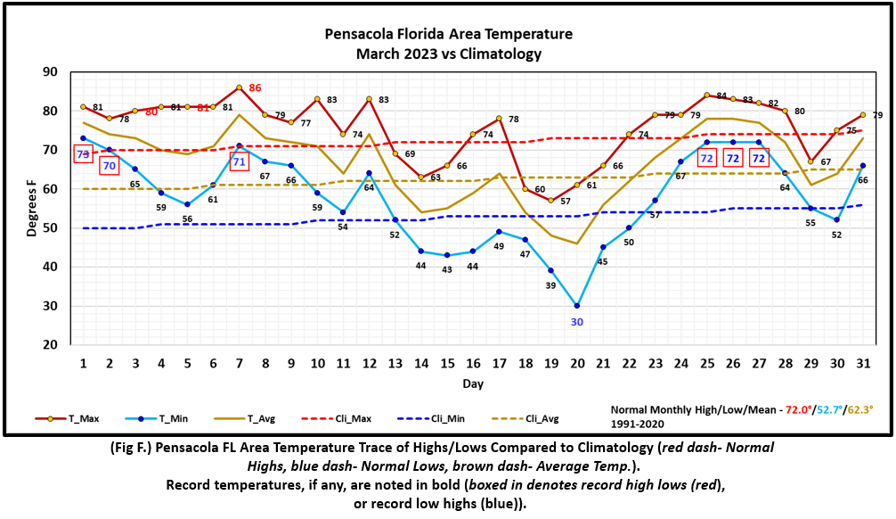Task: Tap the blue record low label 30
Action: click(576, 322)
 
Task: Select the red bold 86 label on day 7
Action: click(255, 87)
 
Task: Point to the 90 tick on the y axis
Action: click(63, 72)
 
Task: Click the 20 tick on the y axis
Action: click(63, 345)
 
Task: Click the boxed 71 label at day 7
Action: click(239, 162)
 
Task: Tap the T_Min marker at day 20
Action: click(577, 306)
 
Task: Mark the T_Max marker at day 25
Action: click(706, 95)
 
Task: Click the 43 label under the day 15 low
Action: click(447, 269)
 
